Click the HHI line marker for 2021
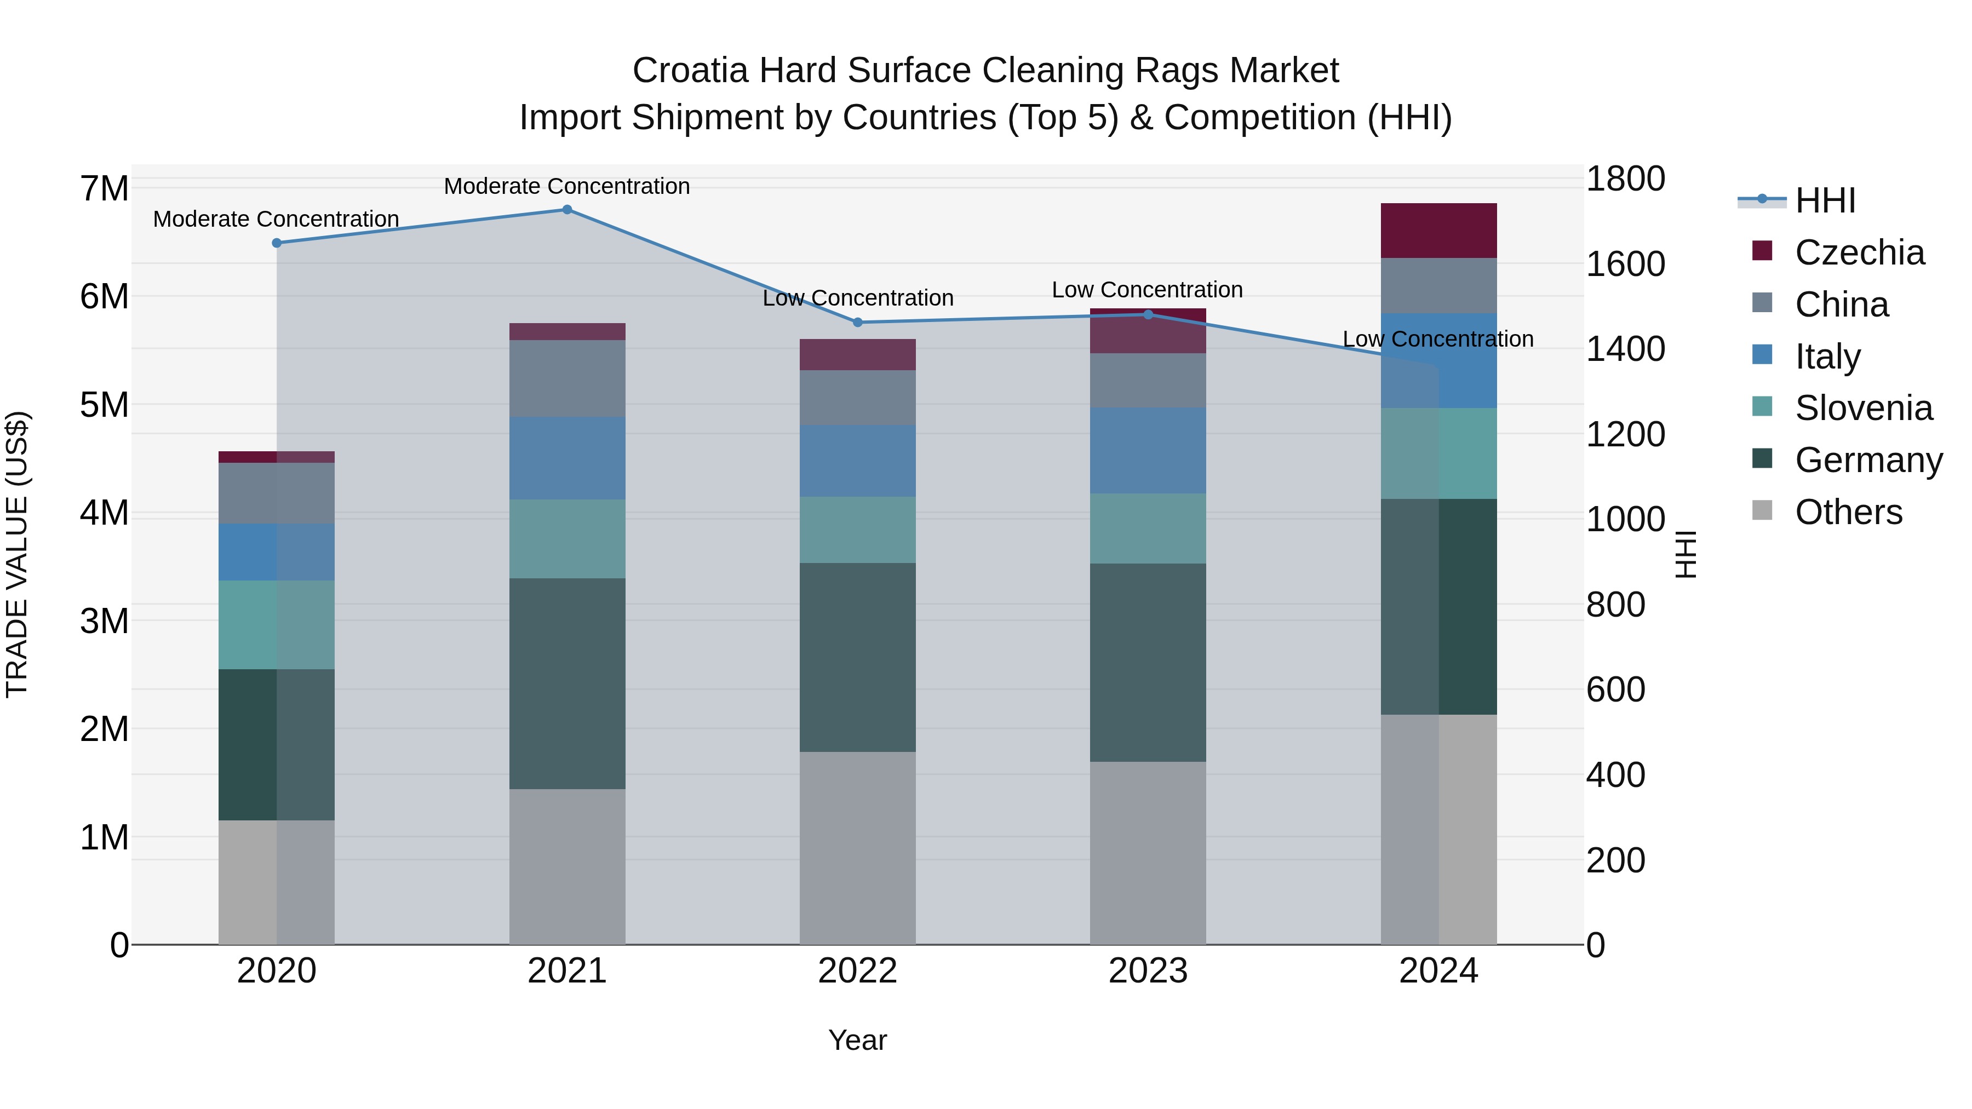567,210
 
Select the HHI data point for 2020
277,243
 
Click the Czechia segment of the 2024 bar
1438,231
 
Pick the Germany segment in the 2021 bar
567,683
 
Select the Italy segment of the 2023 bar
1148,451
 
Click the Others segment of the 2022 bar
857,848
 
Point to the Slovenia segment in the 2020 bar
277,625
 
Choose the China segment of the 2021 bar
567,379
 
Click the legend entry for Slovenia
1864,408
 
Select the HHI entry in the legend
1825,200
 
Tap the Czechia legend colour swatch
1762,251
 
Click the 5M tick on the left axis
104,405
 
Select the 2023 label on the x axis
1148,971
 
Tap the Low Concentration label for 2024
1438,339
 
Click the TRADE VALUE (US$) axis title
17,554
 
